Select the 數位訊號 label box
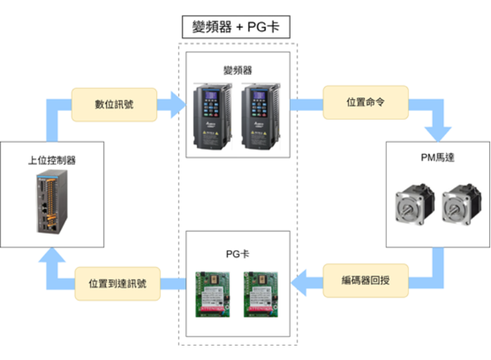coord(114,104)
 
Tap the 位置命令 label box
coord(365,103)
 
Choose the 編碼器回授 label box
coord(365,281)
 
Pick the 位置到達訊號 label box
coord(117,284)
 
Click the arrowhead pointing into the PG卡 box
coord(300,282)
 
